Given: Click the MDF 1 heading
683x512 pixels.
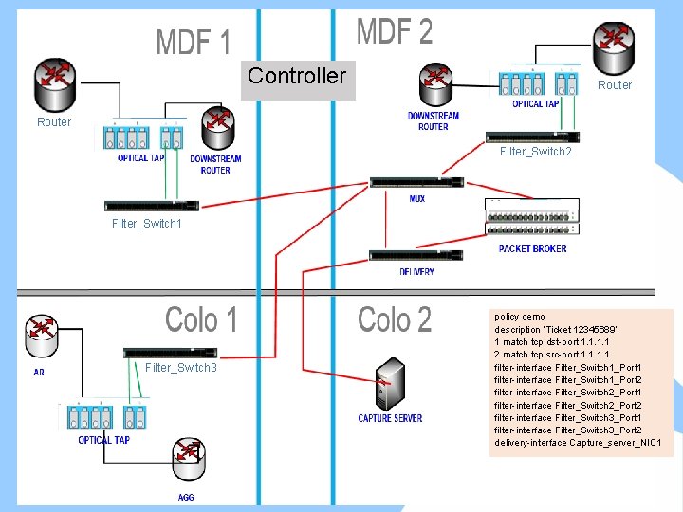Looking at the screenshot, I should tap(193, 43).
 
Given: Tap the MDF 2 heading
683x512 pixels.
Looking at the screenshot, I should tap(394, 32).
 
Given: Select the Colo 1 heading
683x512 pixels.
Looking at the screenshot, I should tap(201, 320).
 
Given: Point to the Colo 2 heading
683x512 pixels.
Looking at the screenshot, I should tap(394, 320).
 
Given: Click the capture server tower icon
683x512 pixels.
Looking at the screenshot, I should tap(389, 384).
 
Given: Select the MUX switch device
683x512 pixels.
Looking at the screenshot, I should tap(415, 182).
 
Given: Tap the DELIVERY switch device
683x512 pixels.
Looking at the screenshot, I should tap(415, 255).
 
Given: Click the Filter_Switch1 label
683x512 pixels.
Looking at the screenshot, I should tap(146, 224).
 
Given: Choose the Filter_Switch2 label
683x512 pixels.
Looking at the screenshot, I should tap(535, 152).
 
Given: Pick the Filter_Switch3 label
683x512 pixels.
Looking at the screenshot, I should tap(181, 367).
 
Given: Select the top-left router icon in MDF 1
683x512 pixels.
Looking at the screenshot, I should tap(53, 83).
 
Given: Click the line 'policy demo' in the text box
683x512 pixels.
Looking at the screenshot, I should tap(520, 317).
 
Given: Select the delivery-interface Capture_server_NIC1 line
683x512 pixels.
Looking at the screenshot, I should tap(578, 443).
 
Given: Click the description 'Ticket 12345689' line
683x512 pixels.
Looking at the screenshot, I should tap(556, 329).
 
